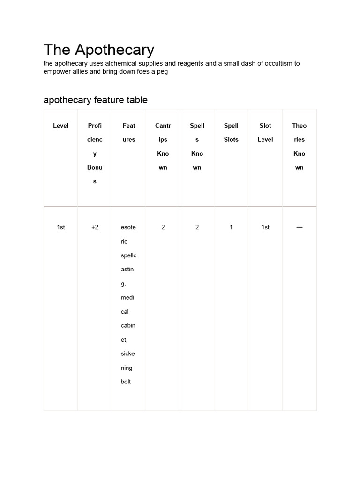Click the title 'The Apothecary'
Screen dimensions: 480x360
tap(99, 50)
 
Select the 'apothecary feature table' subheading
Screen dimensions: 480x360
tap(96, 100)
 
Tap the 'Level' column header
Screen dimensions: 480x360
tap(60, 126)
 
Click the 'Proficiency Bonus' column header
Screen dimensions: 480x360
tap(95, 153)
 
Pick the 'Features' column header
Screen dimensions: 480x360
tap(129, 132)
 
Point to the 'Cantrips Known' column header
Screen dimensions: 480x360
tap(163, 146)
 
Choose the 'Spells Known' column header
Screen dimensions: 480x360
tap(197, 146)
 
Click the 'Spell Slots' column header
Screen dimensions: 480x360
tap(231, 132)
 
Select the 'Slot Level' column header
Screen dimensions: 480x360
tap(265, 132)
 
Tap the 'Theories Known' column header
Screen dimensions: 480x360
tap(299, 146)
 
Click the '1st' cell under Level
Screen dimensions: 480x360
tap(60, 227)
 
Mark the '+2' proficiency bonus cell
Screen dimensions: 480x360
tap(95, 227)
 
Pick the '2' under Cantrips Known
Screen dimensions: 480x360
tap(163, 227)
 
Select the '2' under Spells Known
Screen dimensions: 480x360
tap(197, 227)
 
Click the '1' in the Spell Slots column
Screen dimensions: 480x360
tap(231, 227)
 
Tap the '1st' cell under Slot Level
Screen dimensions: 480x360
tap(265, 227)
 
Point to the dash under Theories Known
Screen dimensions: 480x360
tap(299, 227)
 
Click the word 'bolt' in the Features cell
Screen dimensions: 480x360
tap(126, 382)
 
